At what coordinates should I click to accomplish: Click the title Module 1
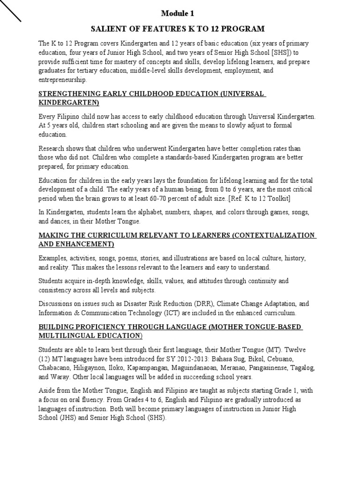pos(180,13)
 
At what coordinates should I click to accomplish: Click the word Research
pos(52,148)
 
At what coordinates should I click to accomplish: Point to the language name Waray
pos(57,377)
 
